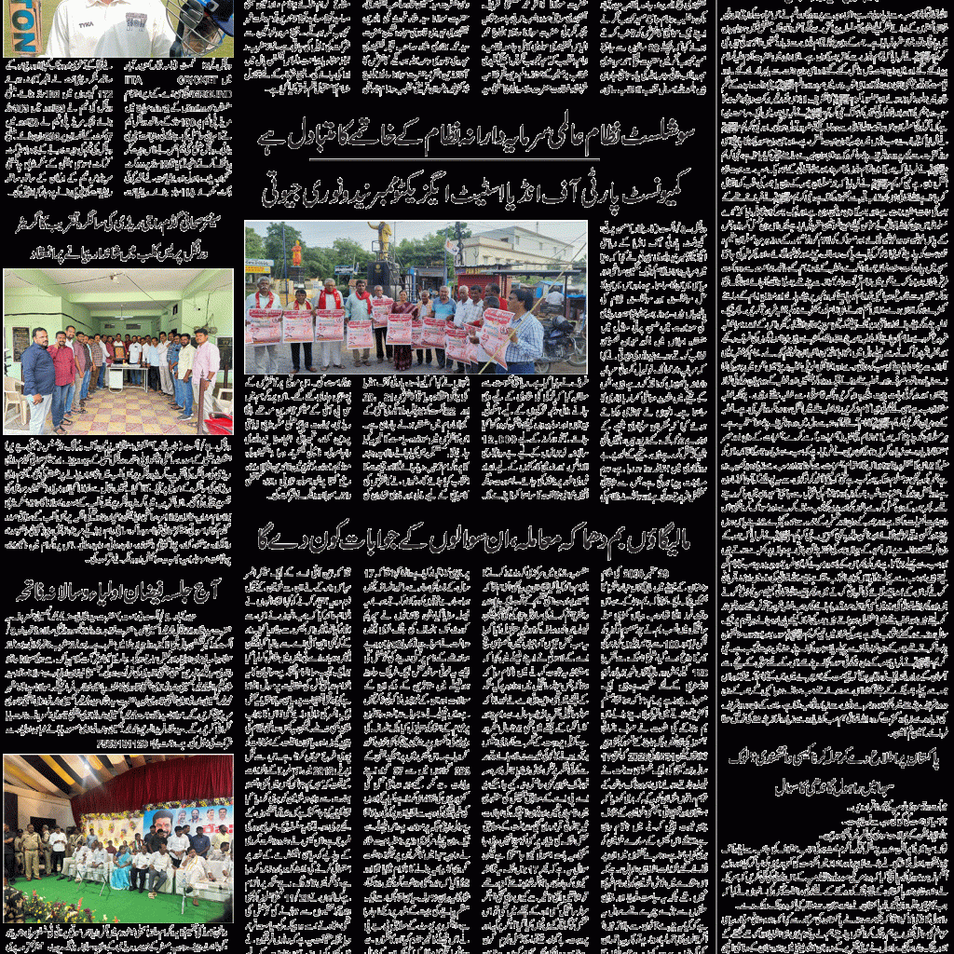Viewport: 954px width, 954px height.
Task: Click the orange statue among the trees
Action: point(297,252)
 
